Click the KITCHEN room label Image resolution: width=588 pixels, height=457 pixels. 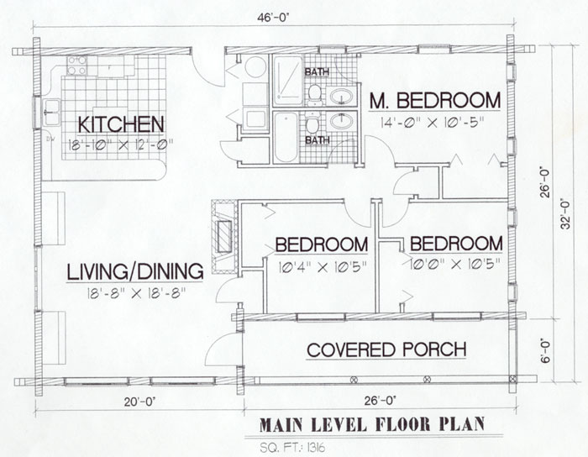tap(120, 123)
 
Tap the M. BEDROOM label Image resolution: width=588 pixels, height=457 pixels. tap(434, 101)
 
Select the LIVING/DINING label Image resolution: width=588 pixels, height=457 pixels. tap(134, 271)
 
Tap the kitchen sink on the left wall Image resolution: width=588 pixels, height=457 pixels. tap(51, 108)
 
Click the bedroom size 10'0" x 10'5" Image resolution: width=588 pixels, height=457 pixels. tap(455, 265)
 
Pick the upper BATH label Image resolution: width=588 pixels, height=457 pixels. tap(317, 71)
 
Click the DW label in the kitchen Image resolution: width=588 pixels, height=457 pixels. tap(50, 139)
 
